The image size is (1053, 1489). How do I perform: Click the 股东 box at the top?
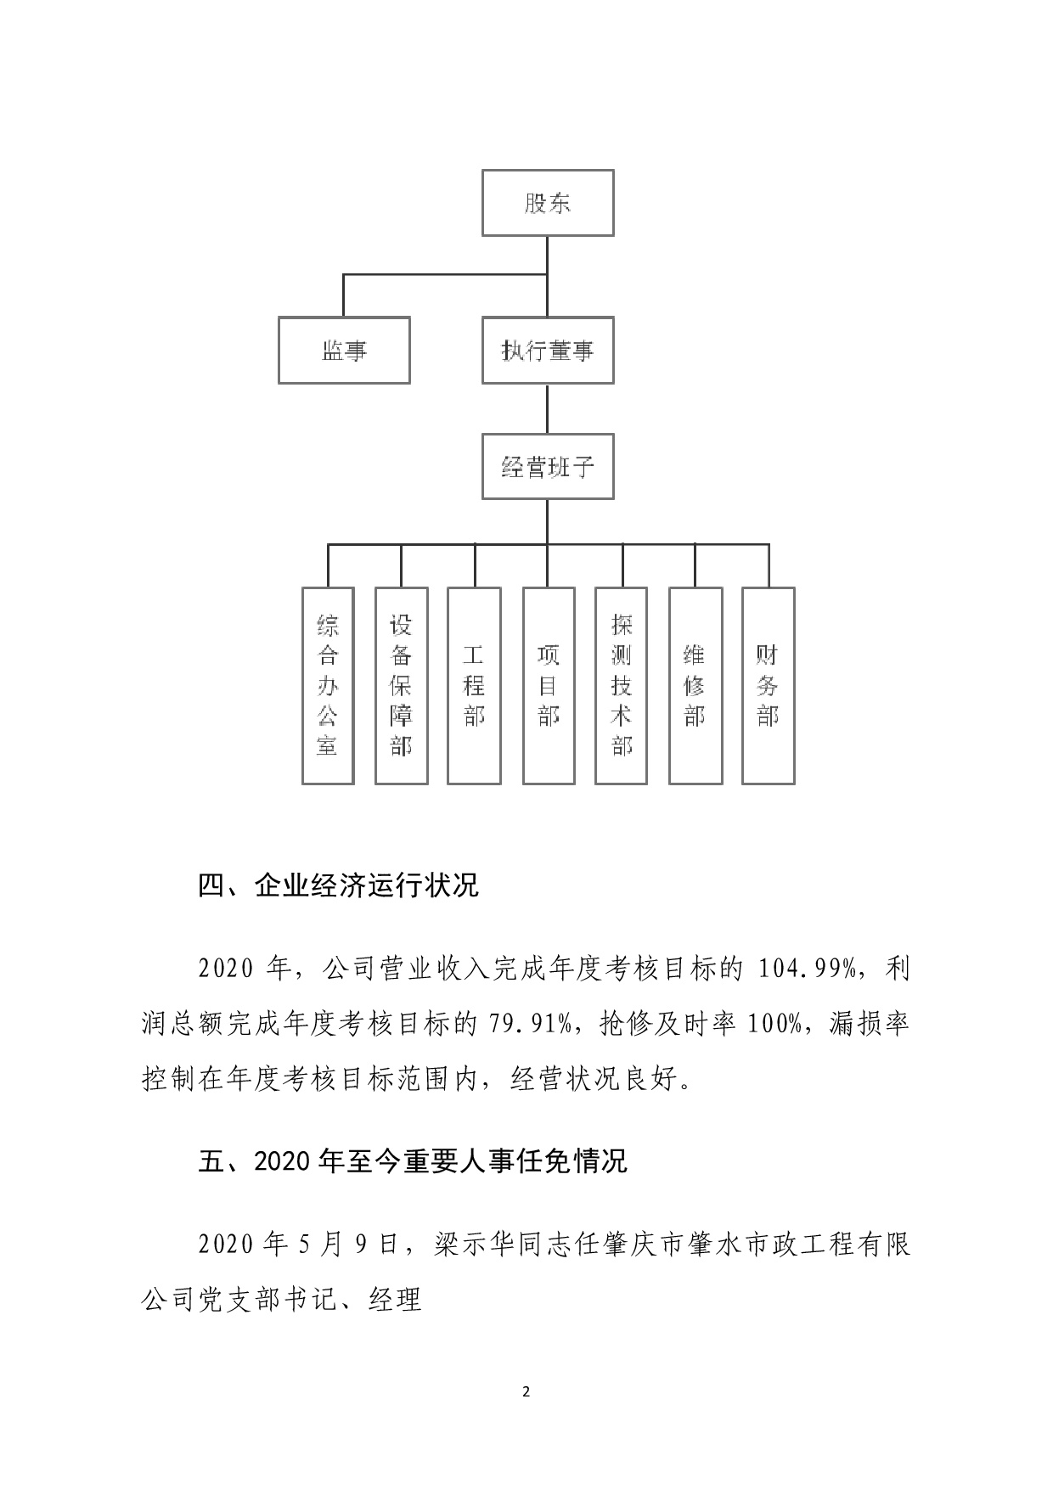(548, 203)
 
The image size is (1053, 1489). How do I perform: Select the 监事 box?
(344, 351)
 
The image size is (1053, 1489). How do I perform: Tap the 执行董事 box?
(548, 351)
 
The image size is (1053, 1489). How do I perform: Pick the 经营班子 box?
(548, 467)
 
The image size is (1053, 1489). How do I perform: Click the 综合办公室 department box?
(328, 685)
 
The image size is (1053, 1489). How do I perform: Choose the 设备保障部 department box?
(401, 685)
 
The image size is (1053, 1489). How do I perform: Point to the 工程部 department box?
(474, 685)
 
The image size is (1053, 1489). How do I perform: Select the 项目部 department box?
(549, 685)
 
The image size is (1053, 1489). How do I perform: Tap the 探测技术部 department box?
(622, 685)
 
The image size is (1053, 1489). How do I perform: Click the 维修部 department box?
(695, 685)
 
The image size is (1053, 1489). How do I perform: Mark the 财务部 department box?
(769, 685)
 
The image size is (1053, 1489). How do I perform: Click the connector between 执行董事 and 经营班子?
(548, 408)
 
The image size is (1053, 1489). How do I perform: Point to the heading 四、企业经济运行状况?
(338, 885)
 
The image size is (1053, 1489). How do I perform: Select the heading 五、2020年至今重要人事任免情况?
(412, 1160)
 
